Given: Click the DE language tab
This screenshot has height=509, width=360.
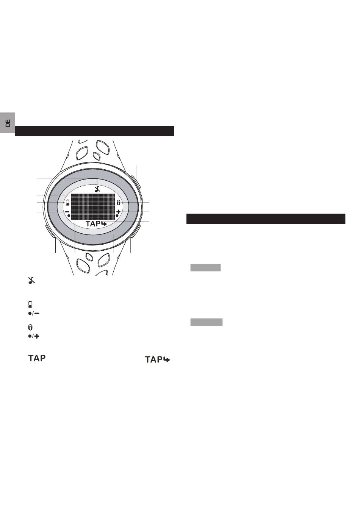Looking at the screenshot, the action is pos(8,123).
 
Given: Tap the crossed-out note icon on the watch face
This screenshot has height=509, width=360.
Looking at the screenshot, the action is pos(97,189).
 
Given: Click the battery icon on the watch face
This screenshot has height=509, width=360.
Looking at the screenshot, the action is pos(68,203).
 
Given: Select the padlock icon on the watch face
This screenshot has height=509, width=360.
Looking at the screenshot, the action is pos(118,203).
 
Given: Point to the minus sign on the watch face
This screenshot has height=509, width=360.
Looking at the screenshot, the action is pos(67,212).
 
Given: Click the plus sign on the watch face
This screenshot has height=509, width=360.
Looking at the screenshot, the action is pos(118,212).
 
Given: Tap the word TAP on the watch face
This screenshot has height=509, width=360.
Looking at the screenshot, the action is pos(93,224).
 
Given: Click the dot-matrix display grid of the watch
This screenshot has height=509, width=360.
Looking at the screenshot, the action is pos(93,206).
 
